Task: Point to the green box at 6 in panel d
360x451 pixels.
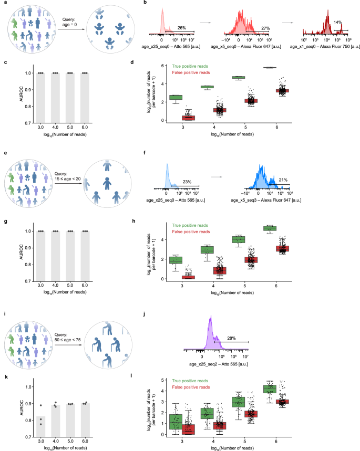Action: (x=284, y=67)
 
